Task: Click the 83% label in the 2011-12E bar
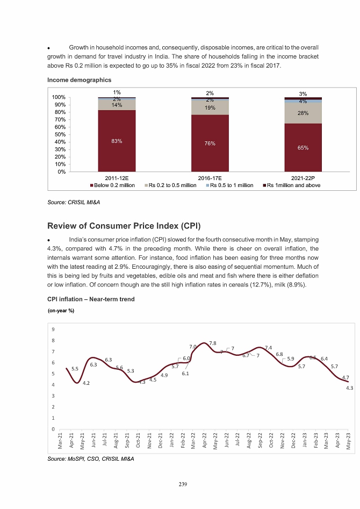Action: [117, 141]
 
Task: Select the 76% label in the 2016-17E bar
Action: [210, 144]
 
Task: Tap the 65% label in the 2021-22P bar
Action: [303, 147]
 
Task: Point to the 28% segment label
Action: [303, 114]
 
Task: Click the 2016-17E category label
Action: [210, 178]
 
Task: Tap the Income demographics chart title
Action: [79, 80]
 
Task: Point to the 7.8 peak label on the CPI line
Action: [213, 343]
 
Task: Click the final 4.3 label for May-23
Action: [349, 388]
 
